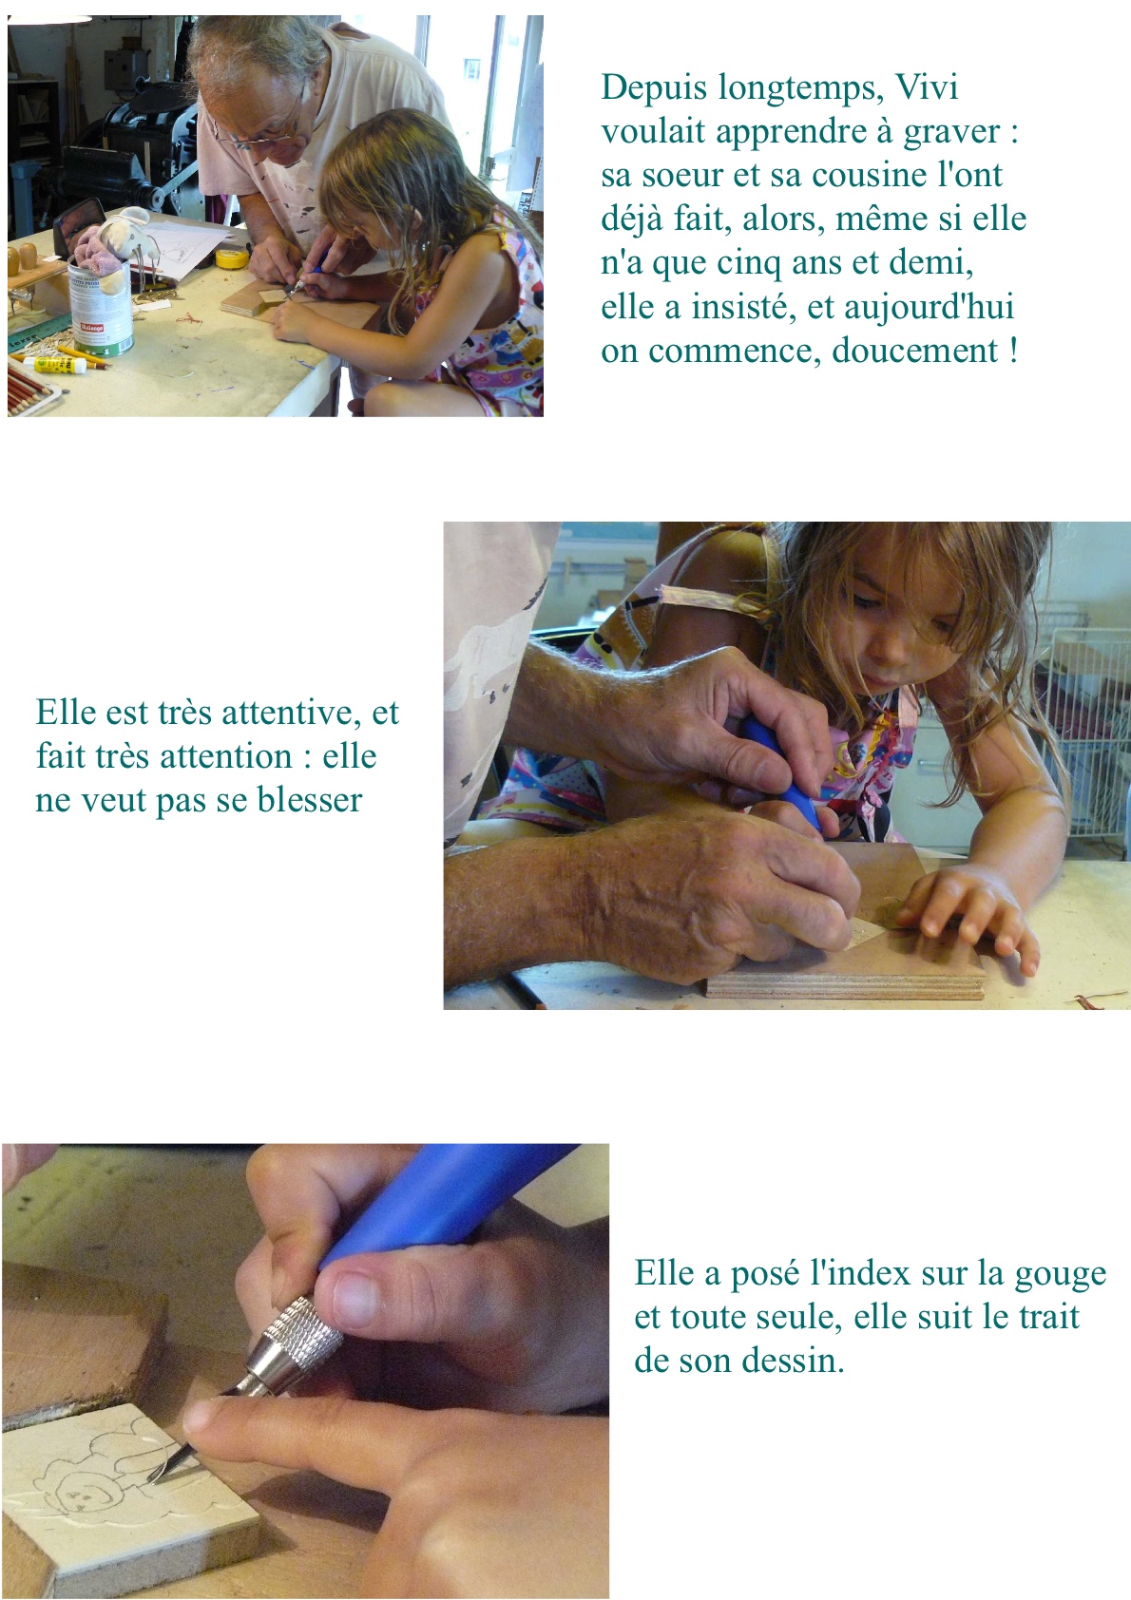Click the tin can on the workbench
pos(101,307)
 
